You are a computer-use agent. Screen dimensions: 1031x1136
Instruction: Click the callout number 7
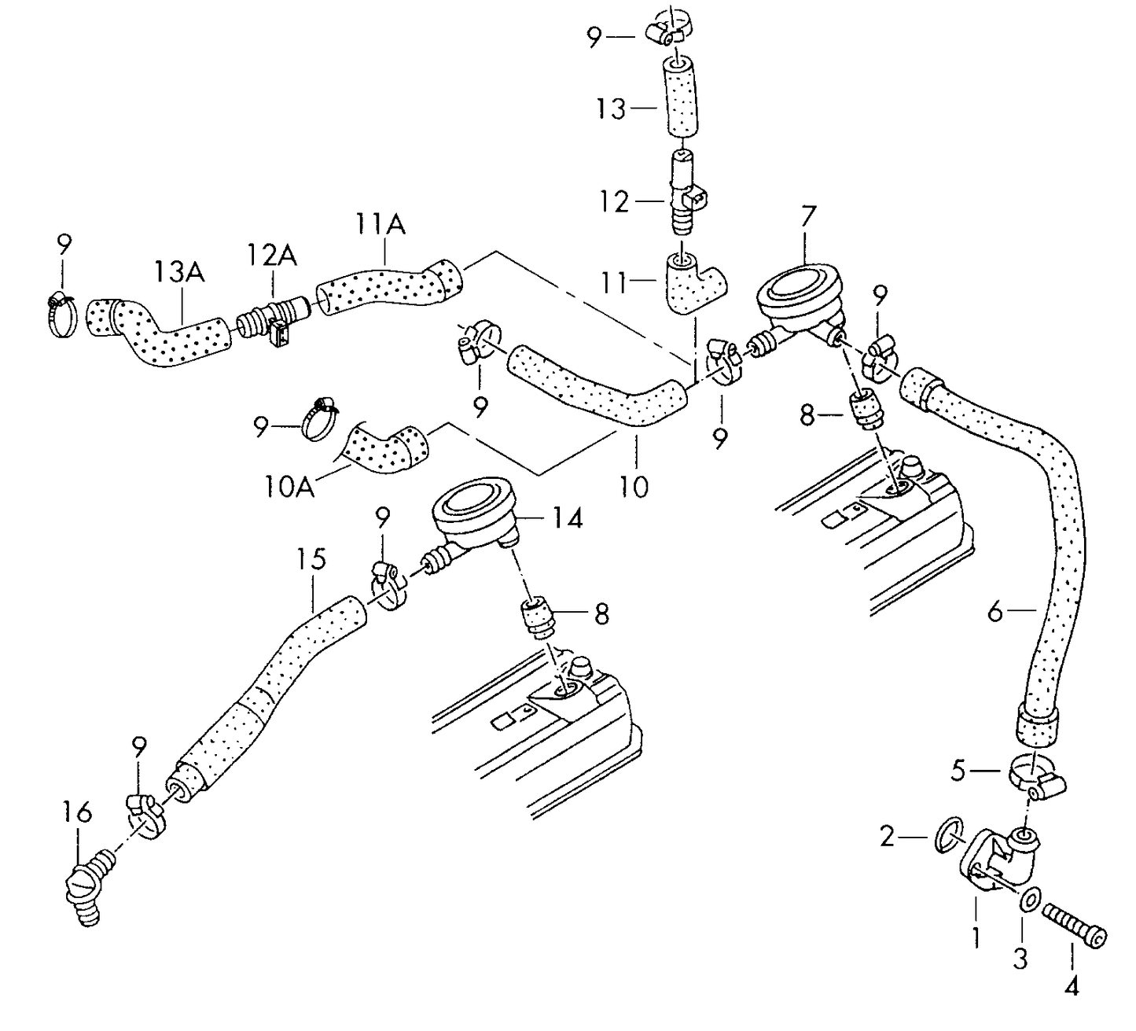click(x=807, y=216)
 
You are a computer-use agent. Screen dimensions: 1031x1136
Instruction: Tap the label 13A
click(x=178, y=272)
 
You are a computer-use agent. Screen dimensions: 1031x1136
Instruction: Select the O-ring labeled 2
click(x=950, y=835)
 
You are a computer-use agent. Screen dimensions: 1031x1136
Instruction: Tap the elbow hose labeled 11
click(x=692, y=285)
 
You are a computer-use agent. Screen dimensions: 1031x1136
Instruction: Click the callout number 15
click(x=311, y=560)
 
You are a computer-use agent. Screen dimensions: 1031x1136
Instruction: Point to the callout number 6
click(x=995, y=611)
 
